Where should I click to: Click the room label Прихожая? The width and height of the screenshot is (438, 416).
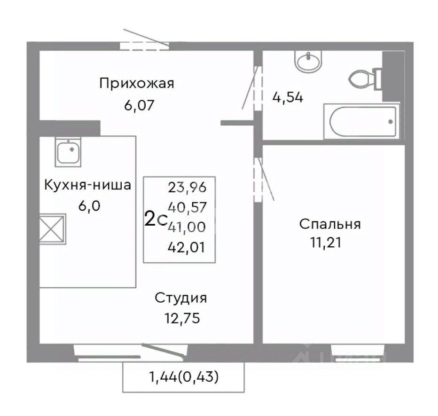(x=137, y=84)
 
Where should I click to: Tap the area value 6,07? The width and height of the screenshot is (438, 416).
(x=139, y=106)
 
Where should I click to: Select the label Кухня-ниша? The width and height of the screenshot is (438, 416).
(x=88, y=185)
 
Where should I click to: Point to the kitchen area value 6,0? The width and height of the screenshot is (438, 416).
(x=89, y=206)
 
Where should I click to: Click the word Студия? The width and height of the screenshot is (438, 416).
(x=181, y=298)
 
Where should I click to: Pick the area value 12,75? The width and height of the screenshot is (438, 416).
(x=182, y=318)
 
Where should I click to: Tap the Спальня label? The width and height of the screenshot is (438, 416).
(x=330, y=224)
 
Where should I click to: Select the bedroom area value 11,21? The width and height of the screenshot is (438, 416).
(x=326, y=242)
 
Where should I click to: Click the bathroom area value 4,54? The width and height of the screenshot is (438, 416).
(x=288, y=98)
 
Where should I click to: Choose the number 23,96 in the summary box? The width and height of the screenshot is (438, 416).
(x=187, y=187)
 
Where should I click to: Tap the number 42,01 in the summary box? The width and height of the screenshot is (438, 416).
(x=187, y=247)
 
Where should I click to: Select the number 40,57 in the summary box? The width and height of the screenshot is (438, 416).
(x=187, y=207)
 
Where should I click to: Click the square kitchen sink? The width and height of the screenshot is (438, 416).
(x=68, y=152)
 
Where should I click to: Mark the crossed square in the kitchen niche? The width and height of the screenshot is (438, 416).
(x=52, y=229)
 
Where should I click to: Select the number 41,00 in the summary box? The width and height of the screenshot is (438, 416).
(x=187, y=227)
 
